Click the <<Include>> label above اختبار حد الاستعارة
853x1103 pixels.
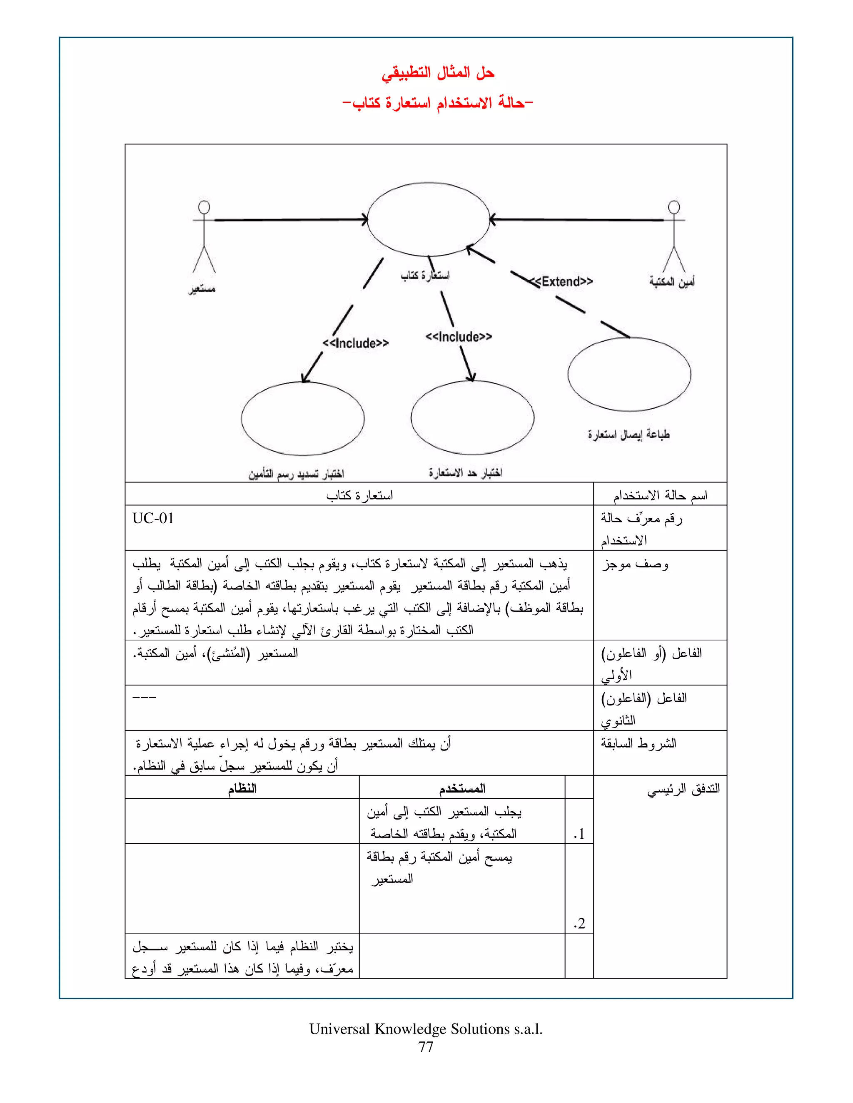pyautogui.click(x=458, y=336)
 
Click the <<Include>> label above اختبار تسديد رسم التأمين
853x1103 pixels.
pyautogui.click(x=355, y=343)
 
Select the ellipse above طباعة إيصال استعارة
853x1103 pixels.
pyautogui.click(x=629, y=374)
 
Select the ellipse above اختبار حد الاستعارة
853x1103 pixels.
pyautogui.click(x=472, y=417)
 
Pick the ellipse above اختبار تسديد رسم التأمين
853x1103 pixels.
pyautogui.click(x=303, y=419)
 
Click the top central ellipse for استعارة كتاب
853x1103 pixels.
pyautogui.click(x=428, y=219)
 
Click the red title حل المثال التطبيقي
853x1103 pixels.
pyautogui.click(x=438, y=73)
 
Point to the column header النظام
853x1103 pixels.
pyautogui.click(x=242, y=788)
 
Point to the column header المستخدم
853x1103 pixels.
pyautogui.click(x=462, y=788)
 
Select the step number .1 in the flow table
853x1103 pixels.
pyautogui.click(x=579, y=834)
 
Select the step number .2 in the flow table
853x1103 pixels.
pyautogui.click(x=579, y=924)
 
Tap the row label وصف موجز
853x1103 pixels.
pyautogui.click(x=635, y=564)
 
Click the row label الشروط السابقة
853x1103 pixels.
pyautogui.click(x=638, y=743)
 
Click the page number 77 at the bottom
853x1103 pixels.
pyautogui.click(x=426, y=1047)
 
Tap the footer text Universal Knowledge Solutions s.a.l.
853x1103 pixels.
pyautogui.click(x=426, y=1029)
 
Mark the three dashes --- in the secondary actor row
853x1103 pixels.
pyautogui.click(x=145, y=698)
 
